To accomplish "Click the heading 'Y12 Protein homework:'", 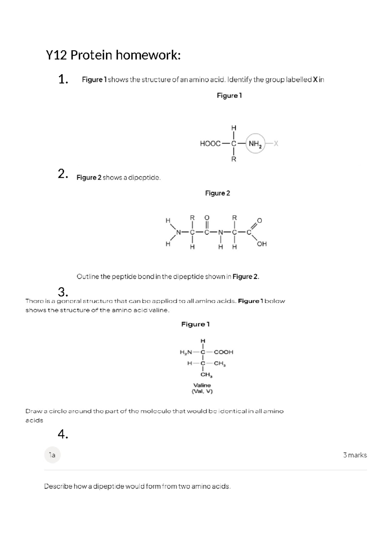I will (113, 55).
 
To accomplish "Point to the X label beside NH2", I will (276, 144).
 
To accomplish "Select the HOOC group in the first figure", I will (210, 144).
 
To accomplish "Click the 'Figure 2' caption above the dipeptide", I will (217, 193).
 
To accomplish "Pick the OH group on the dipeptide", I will (262, 244).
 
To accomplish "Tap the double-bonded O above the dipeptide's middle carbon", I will (207, 218).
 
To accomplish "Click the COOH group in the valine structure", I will (224, 352).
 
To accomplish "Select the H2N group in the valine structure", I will (186, 352).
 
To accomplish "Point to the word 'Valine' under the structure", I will (202, 385).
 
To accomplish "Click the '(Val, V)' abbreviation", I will (202, 392).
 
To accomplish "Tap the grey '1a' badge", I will (52, 455).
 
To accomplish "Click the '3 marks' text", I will (355, 455).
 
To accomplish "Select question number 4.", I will (63, 434).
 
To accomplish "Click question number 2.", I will (63, 174).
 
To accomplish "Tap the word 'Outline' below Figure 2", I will (88, 276).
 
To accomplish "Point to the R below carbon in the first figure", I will (234, 159).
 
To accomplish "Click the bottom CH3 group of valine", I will (206, 375).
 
